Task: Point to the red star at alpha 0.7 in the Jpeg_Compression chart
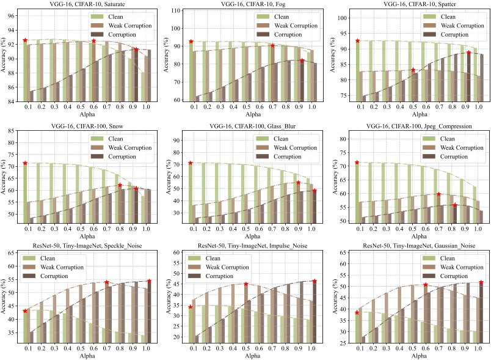[438, 194]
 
